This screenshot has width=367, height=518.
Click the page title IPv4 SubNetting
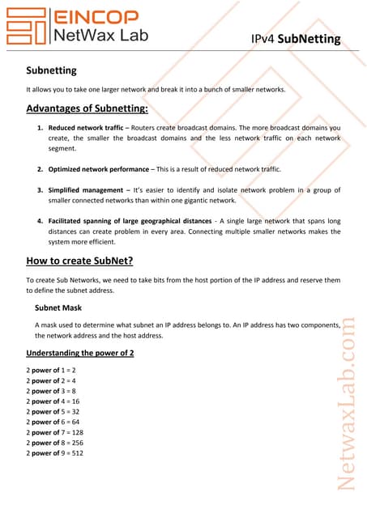point(296,40)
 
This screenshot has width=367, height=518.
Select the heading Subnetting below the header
point(52,71)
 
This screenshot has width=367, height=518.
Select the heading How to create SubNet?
point(84,261)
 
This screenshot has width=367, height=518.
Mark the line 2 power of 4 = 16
point(52,401)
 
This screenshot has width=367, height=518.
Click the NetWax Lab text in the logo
point(96,35)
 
